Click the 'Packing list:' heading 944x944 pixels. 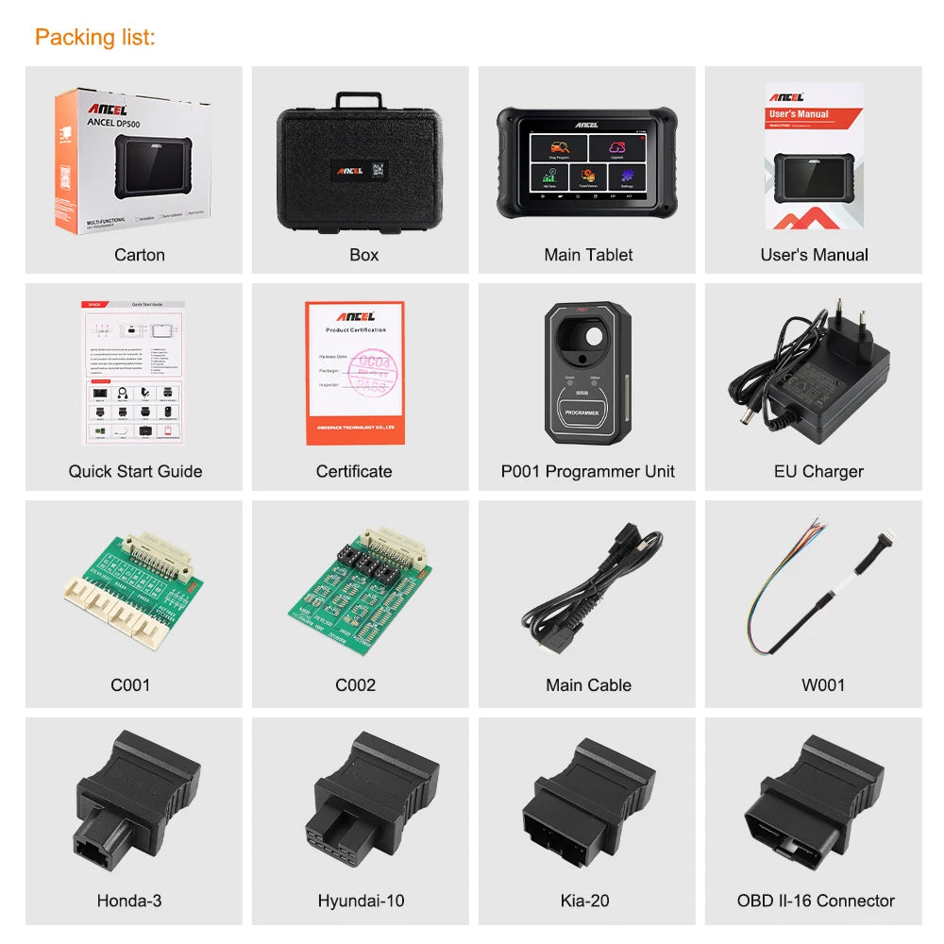[x=95, y=38]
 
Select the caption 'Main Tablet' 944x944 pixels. [x=588, y=255]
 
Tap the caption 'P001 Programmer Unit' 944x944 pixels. [x=587, y=471]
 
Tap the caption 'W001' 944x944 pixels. [x=822, y=685]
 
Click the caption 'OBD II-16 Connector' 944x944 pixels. [x=816, y=901]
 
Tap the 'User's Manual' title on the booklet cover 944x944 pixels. [x=799, y=114]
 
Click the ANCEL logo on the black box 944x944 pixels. [x=356, y=171]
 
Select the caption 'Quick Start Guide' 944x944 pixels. [x=135, y=471]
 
